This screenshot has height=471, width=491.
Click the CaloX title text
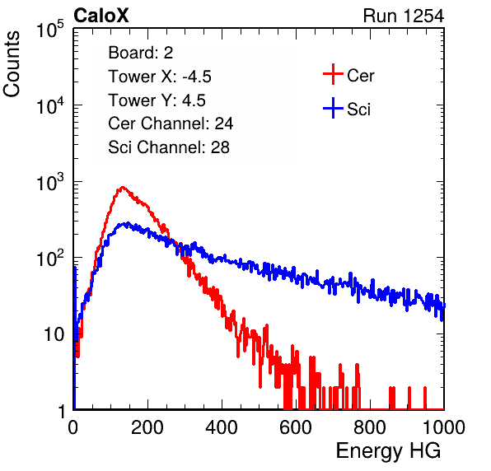coord(101,16)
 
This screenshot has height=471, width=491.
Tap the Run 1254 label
coord(404,16)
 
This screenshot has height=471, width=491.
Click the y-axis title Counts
coord(12,64)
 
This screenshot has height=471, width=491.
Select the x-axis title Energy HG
coord(388,451)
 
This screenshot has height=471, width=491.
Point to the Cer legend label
coord(360,76)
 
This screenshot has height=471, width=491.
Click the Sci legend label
coord(358,110)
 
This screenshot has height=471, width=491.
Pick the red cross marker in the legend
coord(333,74)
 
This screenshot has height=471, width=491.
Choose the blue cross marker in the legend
coord(333,108)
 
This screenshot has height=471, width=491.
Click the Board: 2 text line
coord(141,53)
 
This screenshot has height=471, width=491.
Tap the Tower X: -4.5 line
coord(160,77)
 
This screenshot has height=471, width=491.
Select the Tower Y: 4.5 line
coord(157,100)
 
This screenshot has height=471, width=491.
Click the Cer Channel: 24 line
coord(171,124)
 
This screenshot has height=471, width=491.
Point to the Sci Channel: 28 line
coord(169,147)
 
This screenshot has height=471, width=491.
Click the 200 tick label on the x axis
coord(147,427)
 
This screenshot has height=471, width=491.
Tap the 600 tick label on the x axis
coord(296,427)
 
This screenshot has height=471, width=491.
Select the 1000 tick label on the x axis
coord(444,427)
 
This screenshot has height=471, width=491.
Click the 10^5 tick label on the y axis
coord(49,29)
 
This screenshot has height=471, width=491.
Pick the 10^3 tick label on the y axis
coord(49,182)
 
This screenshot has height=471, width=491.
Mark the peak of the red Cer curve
coord(122,187)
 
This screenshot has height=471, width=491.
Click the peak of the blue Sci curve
coord(127,223)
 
